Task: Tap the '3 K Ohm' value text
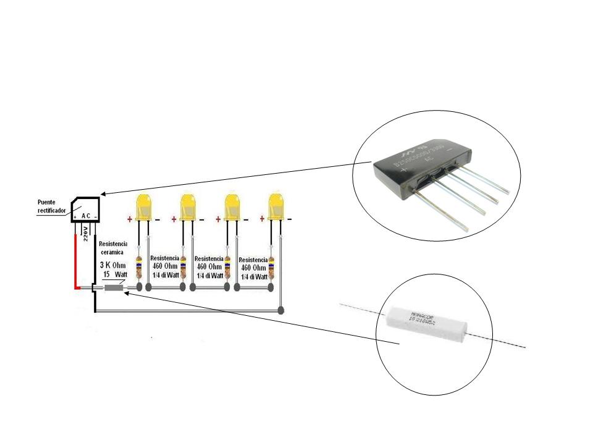click(113, 265)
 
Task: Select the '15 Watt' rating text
click(114, 274)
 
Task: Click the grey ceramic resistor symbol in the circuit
click(113, 287)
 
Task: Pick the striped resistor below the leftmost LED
click(139, 266)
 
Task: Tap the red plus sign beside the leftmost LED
click(130, 219)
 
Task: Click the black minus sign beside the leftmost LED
click(158, 219)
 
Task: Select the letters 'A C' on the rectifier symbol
click(86, 216)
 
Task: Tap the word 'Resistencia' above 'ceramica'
click(113, 244)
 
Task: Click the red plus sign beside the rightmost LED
click(262, 219)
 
